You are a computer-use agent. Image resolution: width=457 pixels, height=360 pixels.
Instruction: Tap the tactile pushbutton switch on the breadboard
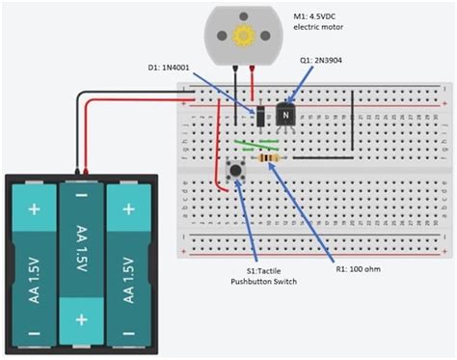(234, 170)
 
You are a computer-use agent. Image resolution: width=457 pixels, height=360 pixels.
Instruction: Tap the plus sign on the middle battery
(82, 318)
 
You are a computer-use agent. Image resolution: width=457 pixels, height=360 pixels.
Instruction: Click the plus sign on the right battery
(129, 208)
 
